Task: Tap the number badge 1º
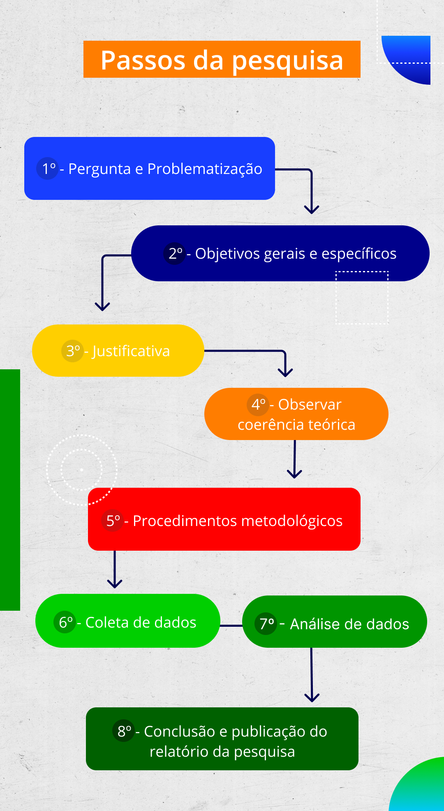(48, 169)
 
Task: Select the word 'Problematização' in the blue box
(205, 169)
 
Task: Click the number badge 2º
(175, 253)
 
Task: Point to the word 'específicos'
(359, 254)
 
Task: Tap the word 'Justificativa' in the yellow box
(131, 351)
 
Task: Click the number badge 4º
(258, 405)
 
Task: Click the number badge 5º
(112, 521)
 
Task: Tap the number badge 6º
(65, 622)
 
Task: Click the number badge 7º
(266, 624)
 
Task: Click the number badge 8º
(123, 731)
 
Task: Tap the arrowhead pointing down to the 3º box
(102, 306)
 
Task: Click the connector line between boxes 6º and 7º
(231, 626)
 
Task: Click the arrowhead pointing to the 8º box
(312, 697)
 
